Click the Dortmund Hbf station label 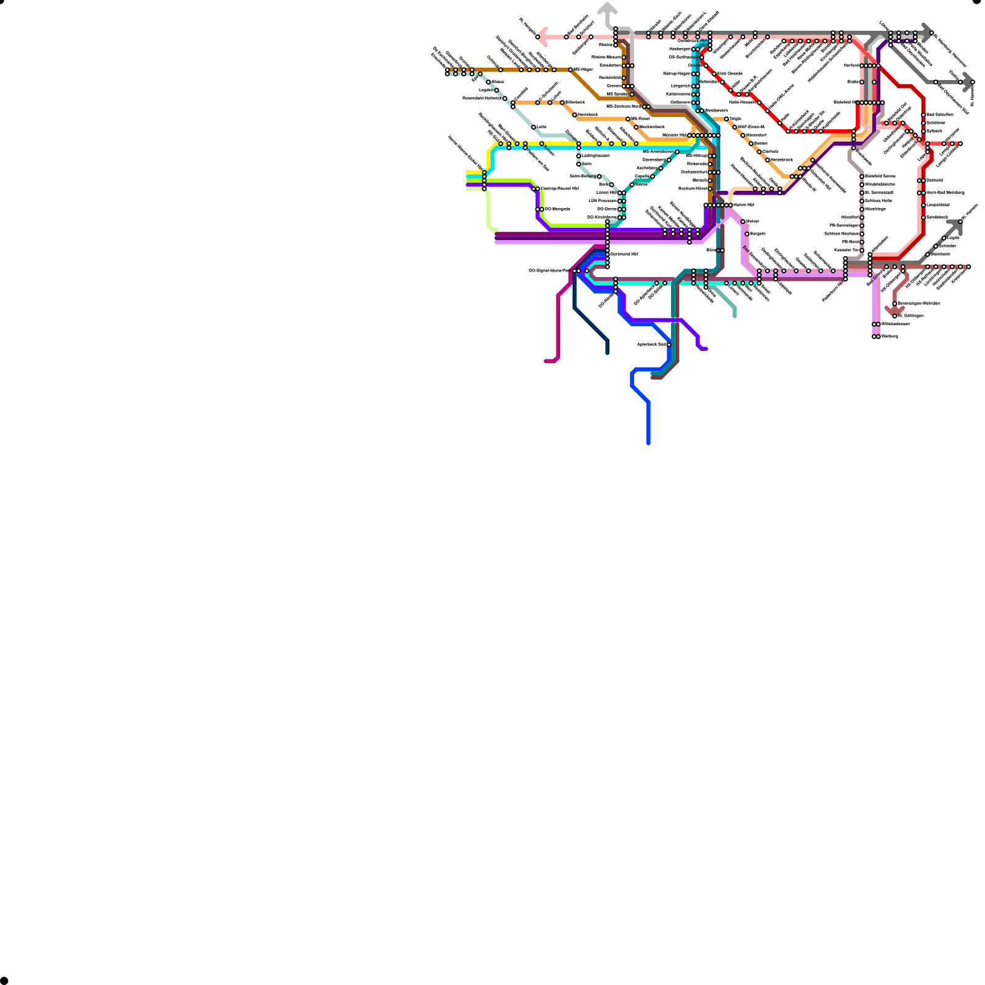(x=624, y=254)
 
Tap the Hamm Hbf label (x=744, y=205)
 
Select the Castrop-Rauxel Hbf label (x=560, y=188)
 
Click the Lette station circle (x=534, y=127)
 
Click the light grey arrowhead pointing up (x=608, y=8)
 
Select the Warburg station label (x=890, y=337)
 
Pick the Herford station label (x=851, y=65)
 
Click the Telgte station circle (x=726, y=119)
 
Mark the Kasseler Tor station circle (x=862, y=251)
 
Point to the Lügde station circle (x=944, y=238)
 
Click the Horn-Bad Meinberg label (x=945, y=193)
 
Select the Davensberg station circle (x=669, y=160)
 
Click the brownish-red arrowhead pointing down (x=894, y=311)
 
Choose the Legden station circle (x=497, y=90)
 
